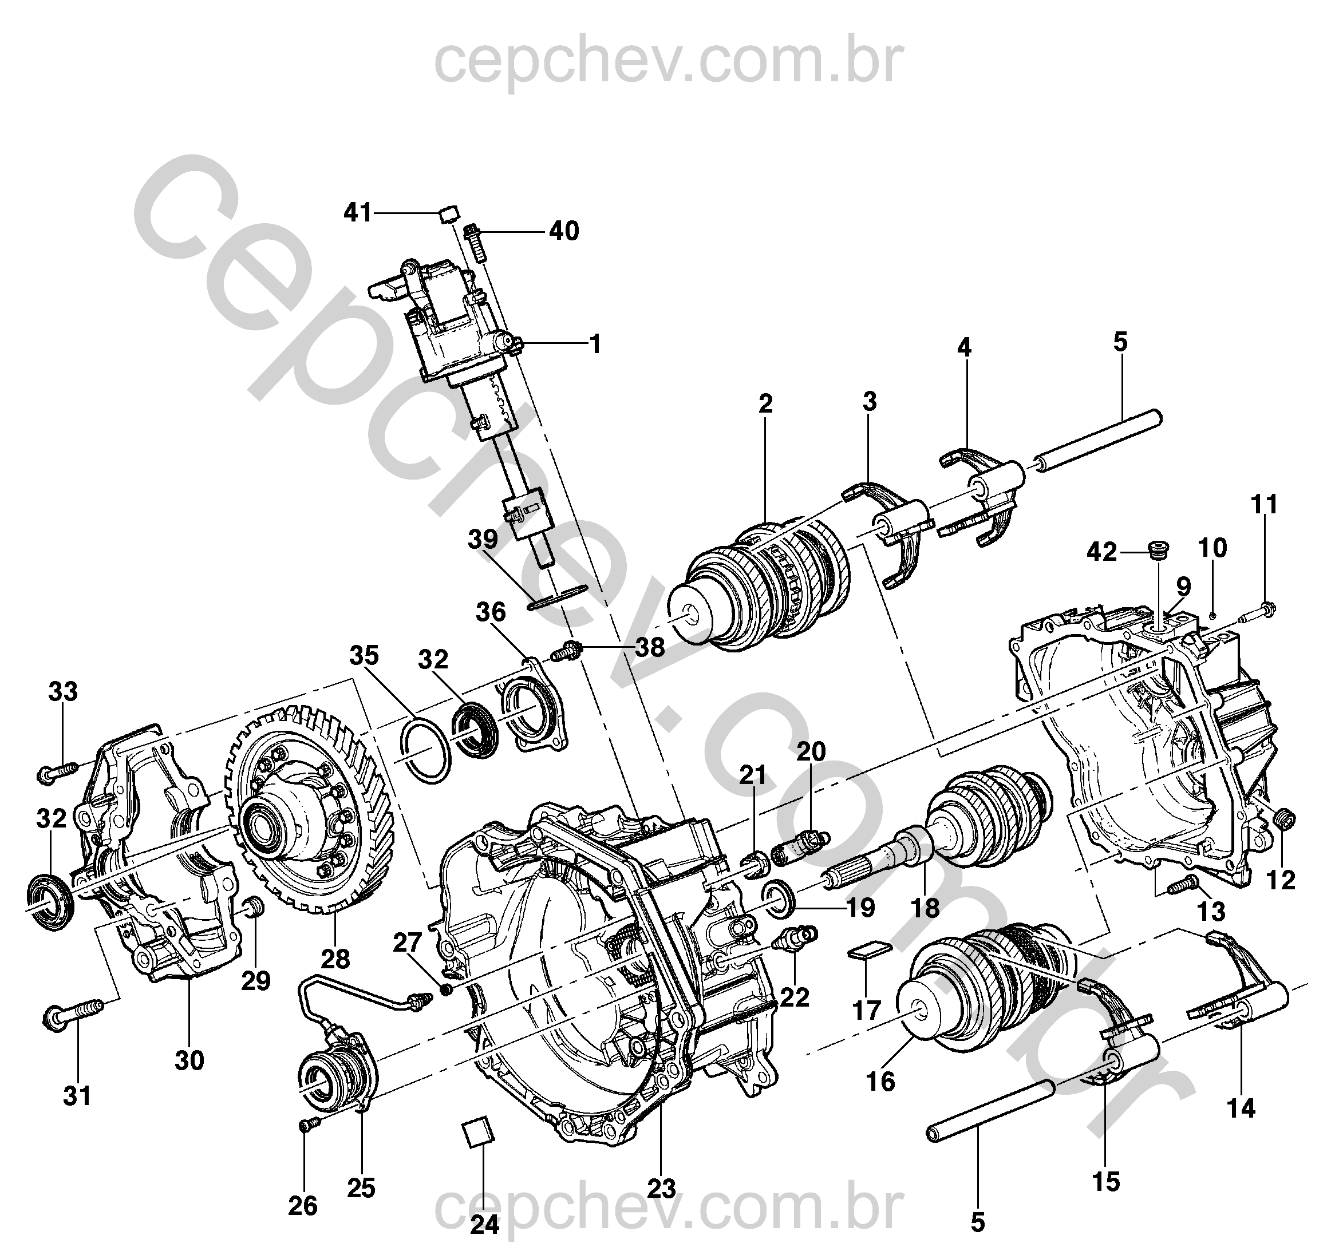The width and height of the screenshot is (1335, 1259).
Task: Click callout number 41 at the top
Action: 357,213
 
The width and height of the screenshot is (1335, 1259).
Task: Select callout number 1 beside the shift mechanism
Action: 595,345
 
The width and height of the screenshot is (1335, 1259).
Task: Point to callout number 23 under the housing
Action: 661,1189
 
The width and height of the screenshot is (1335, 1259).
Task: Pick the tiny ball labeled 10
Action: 1213,615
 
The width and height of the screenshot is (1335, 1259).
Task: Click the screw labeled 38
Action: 566,650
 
